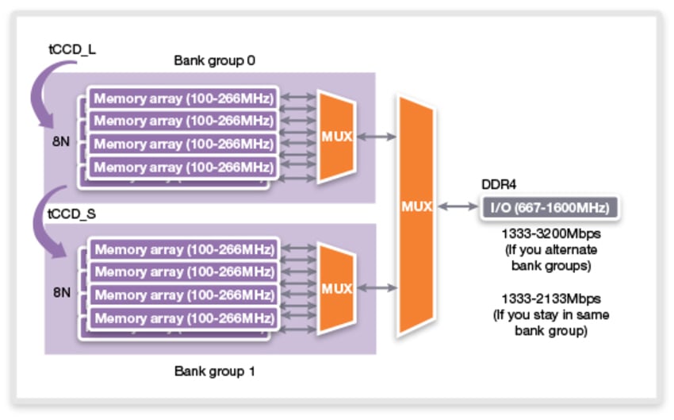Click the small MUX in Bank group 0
pos(336,136)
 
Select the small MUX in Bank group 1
pos(336,289)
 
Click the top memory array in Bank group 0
pos(183,99)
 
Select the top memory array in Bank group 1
pos(183,249)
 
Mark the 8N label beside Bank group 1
pos(62,292)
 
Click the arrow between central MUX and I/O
pos(457,207)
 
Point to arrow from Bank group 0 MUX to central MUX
pos(377,137)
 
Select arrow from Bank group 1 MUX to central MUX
pos(377,287)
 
